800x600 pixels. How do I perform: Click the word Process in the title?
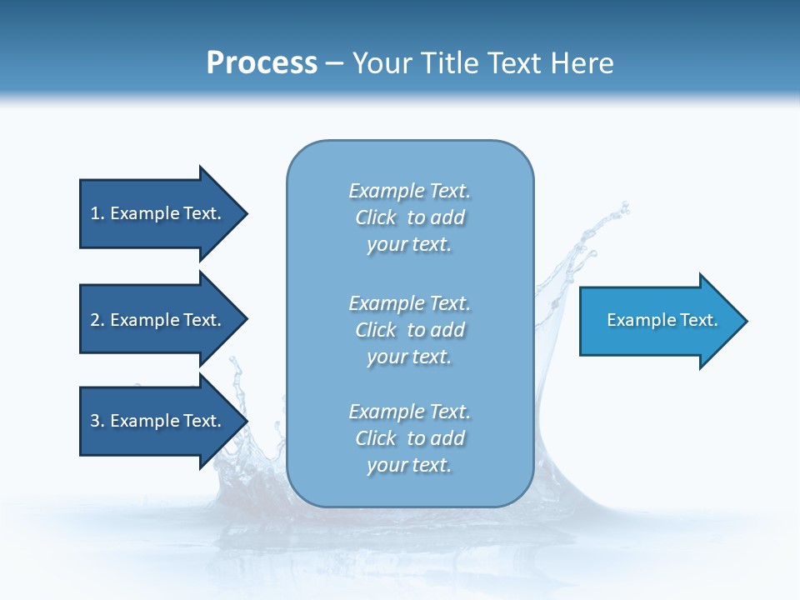(262, 63)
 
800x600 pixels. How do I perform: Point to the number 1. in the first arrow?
(97, 213)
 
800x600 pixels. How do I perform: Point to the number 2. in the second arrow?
(97, 320)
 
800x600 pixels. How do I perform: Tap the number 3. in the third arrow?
(97, 421)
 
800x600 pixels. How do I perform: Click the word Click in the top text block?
(376, 217)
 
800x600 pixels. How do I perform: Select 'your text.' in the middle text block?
(409, 357)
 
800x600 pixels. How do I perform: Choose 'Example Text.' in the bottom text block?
(409, 412)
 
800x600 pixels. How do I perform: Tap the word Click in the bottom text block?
(376, 438)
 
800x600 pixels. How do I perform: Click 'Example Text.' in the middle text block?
(409, 303)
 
